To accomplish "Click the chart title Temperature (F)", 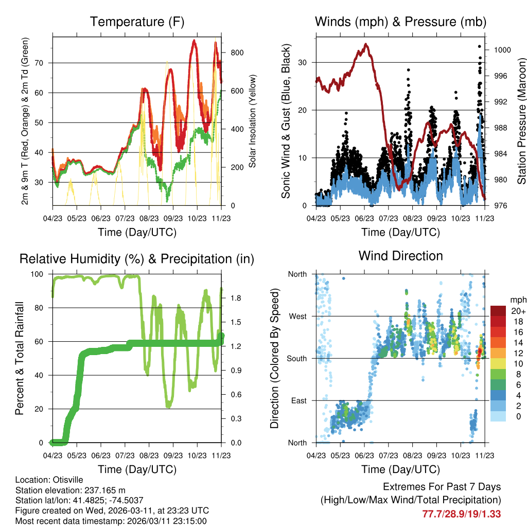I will pyautogui.click(x=137, y=22).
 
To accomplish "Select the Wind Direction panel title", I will pyautogui.click(x=400, y=256).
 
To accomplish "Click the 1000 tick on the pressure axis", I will pyautogui.click(x=502, y=50).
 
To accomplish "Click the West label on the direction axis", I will pyautogui.click(x=298, y=316).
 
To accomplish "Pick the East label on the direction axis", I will pyautogui.click(x=299, y=400).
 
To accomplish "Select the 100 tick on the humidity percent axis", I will pyautogui.click(x=41, y=274).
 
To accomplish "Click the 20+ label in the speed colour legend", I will pyautogui.click(x=517, y=311).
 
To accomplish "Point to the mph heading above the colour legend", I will pyautogui.click(x=517, y=300).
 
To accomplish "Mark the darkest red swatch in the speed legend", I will pyautogui.click(x=498, y=311).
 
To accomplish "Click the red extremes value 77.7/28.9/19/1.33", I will pyautogui.click(x=462, y=514).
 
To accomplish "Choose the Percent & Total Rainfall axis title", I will pyautogui.click(x=20, y=359).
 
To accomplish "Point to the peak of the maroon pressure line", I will pyautogui.click(x=366, y=44).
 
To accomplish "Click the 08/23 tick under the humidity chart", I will pyautogui.click(x=148, y=455).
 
